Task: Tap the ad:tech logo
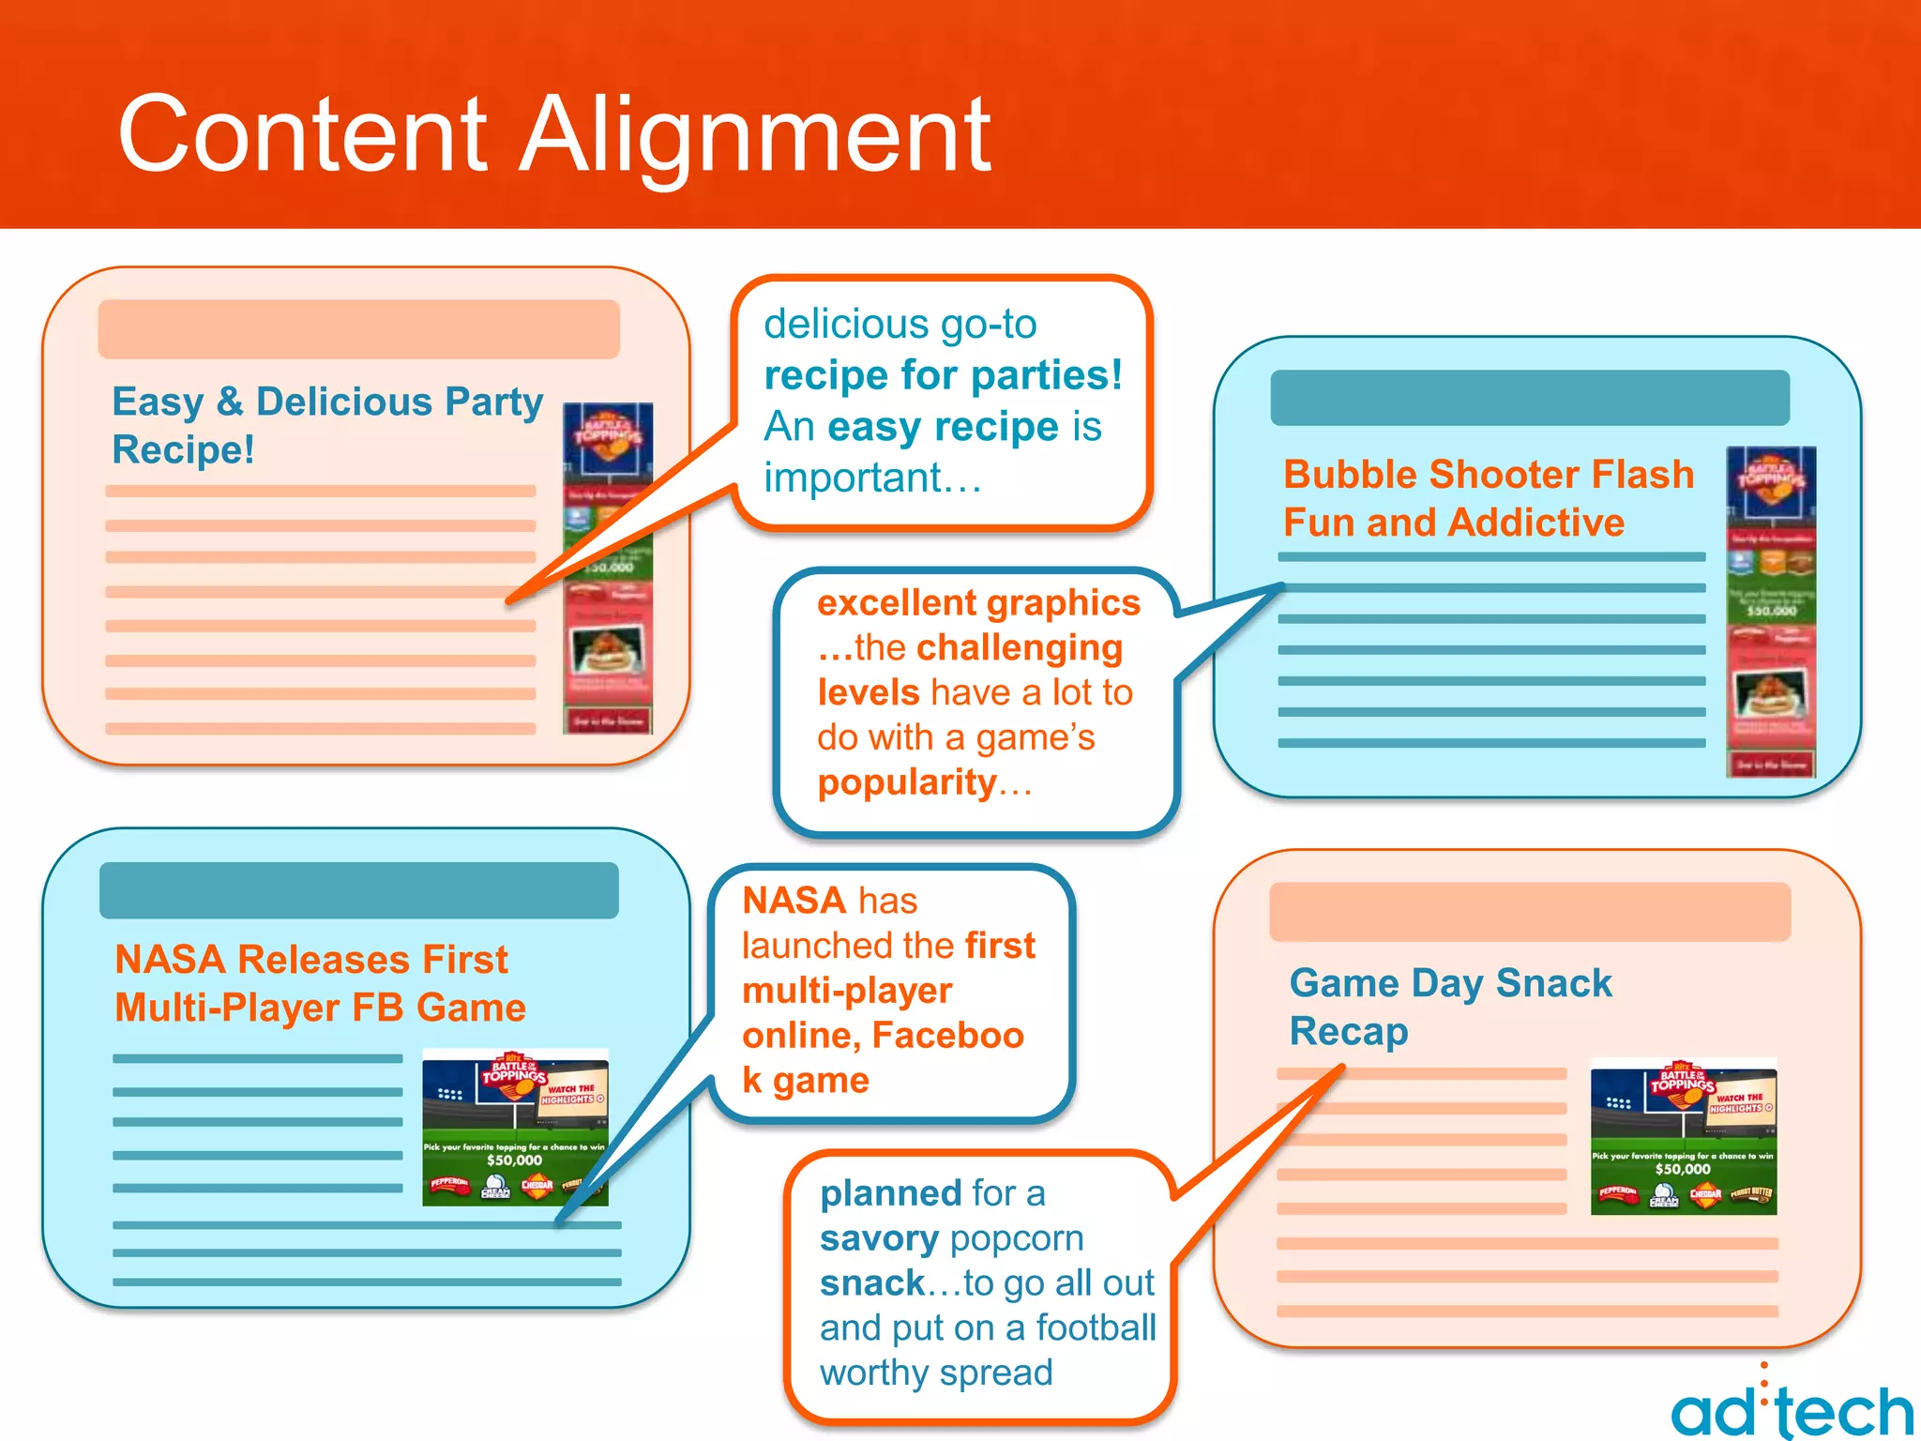click(x=1792, y=1407)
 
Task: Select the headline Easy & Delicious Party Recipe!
click(x=326, y=425)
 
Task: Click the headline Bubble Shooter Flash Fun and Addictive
click(x=1489, y=498)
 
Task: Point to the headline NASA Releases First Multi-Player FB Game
click(x=319, y=983)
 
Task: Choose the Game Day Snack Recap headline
click(x=1450, y=1007)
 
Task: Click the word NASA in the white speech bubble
click(x=794, y=901)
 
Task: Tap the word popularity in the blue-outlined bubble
click(x=907, y=782)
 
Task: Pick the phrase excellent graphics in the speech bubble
click(x=978, y=602)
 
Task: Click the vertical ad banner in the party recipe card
click(x=608, y=569)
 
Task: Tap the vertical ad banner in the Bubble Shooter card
click(x=1771, y=612)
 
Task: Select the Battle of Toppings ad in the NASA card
click(x=515, y=1127)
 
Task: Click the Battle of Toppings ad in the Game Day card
click(x=1684, y=1136)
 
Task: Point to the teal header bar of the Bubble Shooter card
click(x=1530, y=398)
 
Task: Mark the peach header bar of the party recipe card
click(x=358, y=328)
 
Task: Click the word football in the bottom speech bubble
click(x=1096, y=1327)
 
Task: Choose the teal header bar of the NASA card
click(x=358, y=890)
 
